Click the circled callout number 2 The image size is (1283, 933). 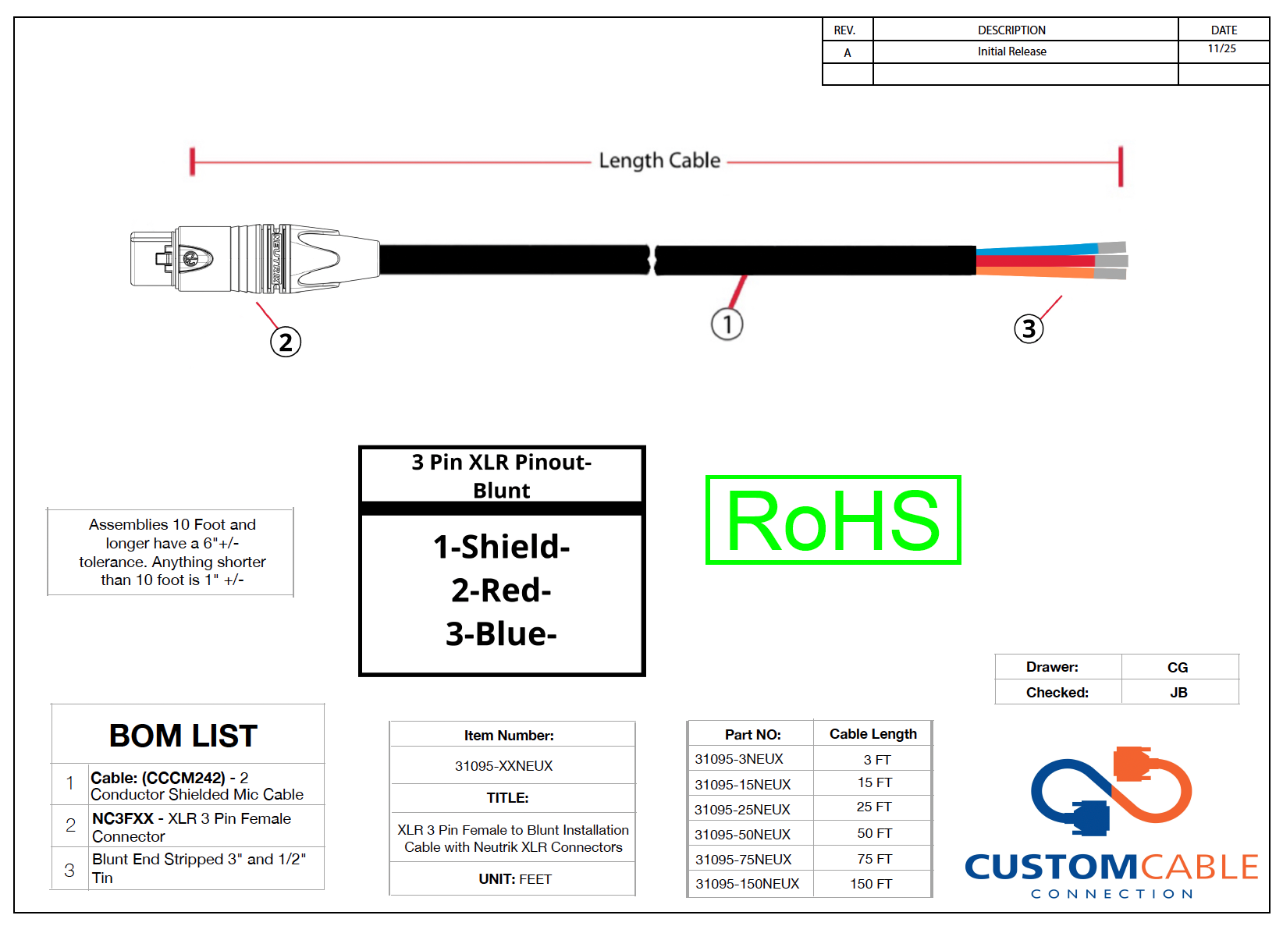coord(285,342)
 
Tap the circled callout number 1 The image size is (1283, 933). coord(727,324)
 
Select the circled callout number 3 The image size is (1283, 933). coord(1029,328)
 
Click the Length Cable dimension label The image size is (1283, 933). coord(659,161)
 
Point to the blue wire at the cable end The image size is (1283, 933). coord(1037,249)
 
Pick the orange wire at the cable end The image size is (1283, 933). coord(1036,272)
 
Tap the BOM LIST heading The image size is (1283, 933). coord(183,736)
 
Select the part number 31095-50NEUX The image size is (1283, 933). coord(742,835)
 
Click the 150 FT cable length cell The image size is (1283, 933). coord(871,884)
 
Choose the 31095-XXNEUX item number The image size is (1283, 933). coord(503,766)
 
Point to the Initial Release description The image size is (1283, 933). coord(1011,51)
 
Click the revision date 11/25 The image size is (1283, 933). coord(1221,48)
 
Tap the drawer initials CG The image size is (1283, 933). coord(1178,668)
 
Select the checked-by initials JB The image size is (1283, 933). coord(1178,693)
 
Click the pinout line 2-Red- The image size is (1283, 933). coord(501,590)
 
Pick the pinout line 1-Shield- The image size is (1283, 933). coord(501,547)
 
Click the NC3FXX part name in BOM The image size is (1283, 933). coord(123,818)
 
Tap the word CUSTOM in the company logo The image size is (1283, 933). coord(1053,867)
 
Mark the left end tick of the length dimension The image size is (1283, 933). coord(193,162)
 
